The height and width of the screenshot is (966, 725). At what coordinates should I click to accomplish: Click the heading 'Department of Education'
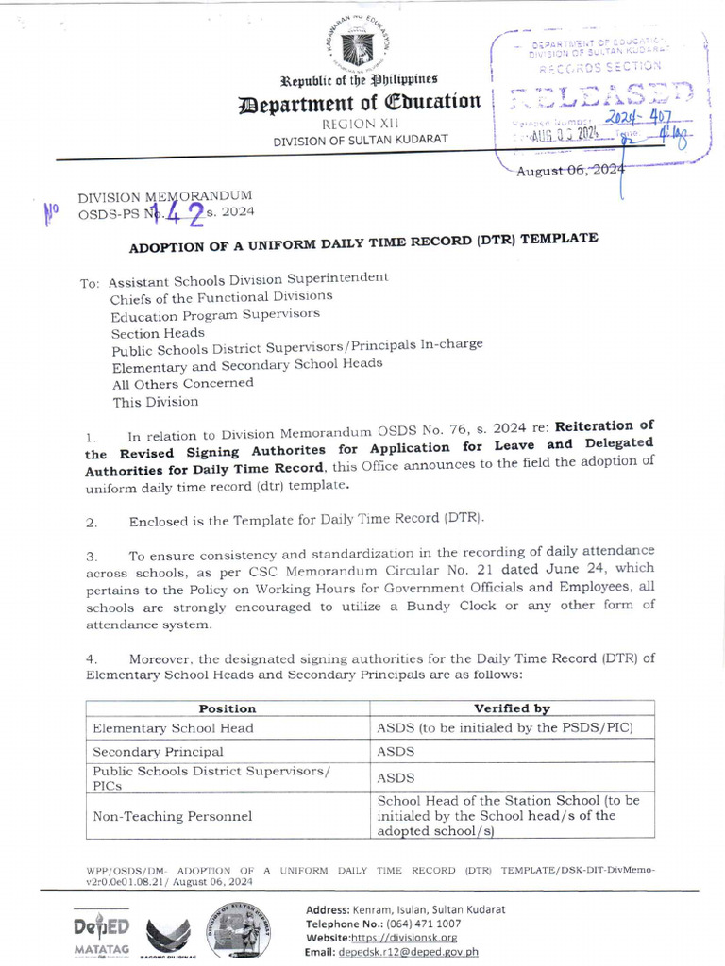[x=362, y=102]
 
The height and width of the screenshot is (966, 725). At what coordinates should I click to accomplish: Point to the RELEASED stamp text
[x=601, y=95]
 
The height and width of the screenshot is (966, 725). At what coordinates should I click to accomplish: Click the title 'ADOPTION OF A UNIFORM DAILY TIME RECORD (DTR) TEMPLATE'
[x=363, y=242]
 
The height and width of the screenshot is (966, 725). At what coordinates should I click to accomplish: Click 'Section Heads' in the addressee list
[x=157, y=333]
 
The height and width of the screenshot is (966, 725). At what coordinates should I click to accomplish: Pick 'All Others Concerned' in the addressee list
[x=181, y=383]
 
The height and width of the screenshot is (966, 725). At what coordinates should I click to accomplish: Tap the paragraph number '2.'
[x=92, y=521]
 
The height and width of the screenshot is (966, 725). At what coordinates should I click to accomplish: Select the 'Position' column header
[x=227, y=708]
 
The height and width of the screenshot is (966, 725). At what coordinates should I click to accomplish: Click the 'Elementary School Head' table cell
[x=173, y=728]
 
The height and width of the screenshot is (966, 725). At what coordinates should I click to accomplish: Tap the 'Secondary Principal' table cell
[x=158, y=752]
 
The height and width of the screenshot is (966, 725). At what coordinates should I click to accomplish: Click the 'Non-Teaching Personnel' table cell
[x=172, y=816]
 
